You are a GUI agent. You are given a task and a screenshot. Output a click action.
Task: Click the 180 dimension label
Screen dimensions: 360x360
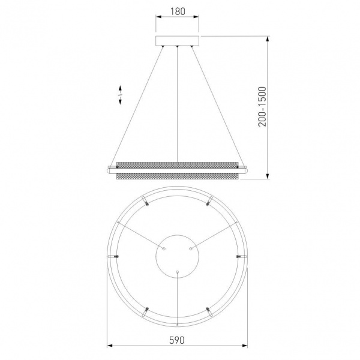pyautogui.click(x=178, y=11)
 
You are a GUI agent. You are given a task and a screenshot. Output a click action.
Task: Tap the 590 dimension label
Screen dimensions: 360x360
pyautogui.click(x=177, y=340)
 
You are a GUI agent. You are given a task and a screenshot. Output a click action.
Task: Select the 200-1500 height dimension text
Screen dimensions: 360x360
pyautogui.click(x=262, y=107)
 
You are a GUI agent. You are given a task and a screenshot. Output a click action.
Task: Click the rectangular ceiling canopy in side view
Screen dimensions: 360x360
pyautogui.click(x=177, y=41)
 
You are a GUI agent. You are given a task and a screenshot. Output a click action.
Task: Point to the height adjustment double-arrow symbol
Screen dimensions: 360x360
pyautogui.click(x=120, y=95)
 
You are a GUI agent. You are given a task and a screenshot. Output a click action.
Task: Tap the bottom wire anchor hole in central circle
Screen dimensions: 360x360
pyautogui.click(x=177, y=272)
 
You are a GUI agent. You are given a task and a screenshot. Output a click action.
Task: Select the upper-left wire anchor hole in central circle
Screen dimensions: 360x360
pyautogui.click(x=164, y=248)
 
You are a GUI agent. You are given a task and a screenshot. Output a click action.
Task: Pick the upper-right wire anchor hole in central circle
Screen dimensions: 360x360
pyautogui.click(x=191, y=248)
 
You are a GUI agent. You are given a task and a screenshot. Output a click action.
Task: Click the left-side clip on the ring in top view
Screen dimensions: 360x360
pyautogui.click(x=113, y=256)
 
